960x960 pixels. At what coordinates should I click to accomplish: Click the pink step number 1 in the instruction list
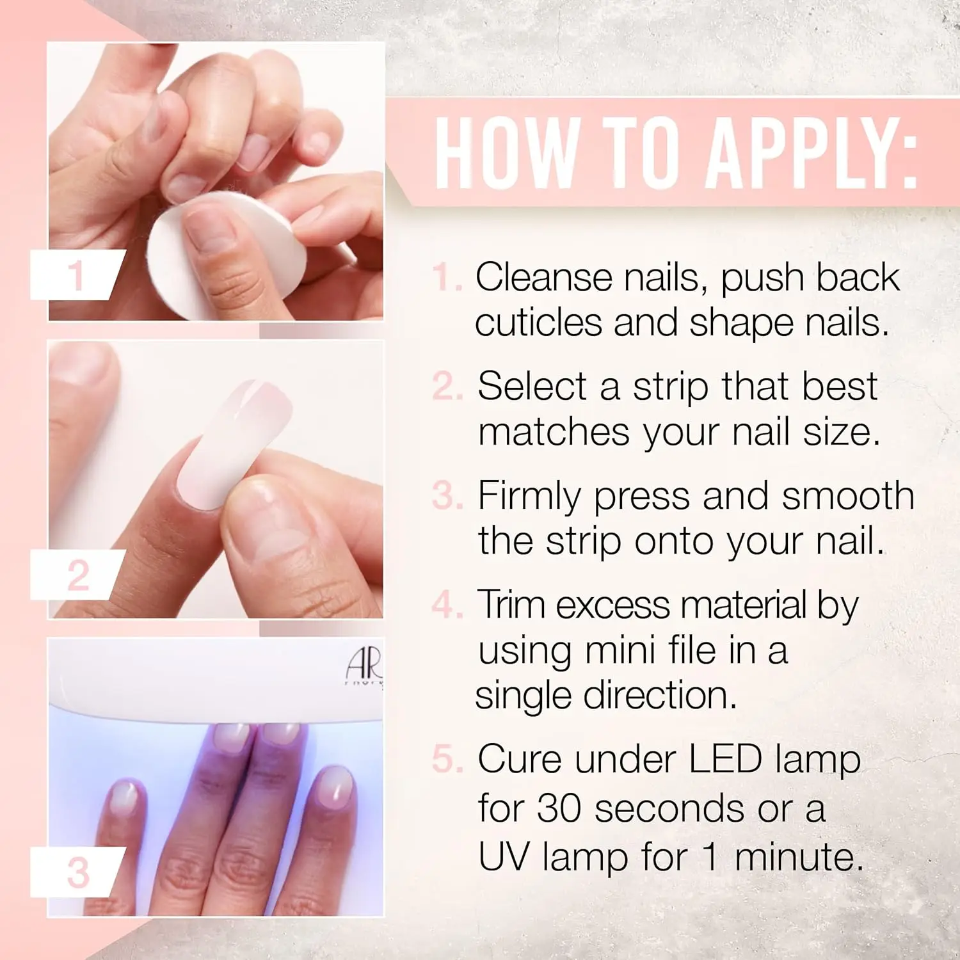coord(445,277)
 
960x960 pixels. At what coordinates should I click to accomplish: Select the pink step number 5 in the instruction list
coord(446,760)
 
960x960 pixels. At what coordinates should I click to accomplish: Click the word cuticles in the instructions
coord(538,323)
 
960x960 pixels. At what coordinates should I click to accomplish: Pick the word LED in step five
coord(725,760)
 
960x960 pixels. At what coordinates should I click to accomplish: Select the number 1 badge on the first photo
coord(77,275)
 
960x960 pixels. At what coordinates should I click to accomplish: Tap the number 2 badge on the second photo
coord(77,575)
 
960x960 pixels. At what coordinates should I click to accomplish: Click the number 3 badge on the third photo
coord(78,872)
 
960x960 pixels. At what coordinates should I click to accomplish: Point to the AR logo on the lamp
coord(364,666)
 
